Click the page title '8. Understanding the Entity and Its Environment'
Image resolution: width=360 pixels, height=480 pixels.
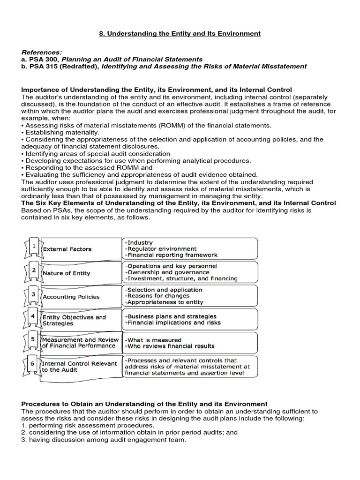point(180,34)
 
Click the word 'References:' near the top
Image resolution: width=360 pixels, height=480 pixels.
point(42,52)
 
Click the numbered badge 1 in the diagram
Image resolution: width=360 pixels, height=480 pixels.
point(32,246)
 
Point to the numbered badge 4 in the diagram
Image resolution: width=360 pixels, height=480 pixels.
point(32,317)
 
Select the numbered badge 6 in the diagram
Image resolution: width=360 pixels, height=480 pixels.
point(32,364)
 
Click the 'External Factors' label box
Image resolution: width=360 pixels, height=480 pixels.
point(67,249)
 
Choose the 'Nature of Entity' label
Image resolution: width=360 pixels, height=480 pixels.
point(66,273)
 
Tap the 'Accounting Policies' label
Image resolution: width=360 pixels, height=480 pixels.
point(71,297)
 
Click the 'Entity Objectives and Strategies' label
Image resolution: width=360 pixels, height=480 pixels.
point(74,320)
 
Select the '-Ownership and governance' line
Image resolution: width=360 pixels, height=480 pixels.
point(167,272)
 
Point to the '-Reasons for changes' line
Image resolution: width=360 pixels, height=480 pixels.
point(157,296)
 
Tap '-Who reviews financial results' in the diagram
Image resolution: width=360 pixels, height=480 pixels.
point(169,346)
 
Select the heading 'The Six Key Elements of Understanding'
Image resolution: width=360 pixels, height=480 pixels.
point(179,203)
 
